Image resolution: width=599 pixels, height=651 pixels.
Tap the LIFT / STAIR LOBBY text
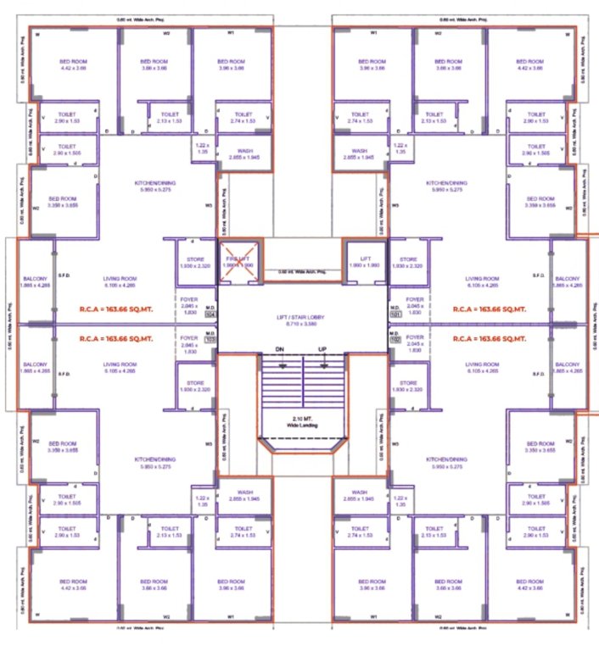click(x=301, y=317)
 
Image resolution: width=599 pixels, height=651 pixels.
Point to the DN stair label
click(x=279, y=349)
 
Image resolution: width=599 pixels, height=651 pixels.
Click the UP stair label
click(x=322, y=349)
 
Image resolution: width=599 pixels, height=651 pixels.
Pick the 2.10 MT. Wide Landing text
click(x=301, y=421)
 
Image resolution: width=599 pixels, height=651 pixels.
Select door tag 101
click(x=395, y=314)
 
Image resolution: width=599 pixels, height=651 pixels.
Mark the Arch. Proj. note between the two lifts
click(x=301, y=272)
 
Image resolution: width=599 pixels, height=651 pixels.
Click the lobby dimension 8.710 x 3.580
click(x=301, y=324)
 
